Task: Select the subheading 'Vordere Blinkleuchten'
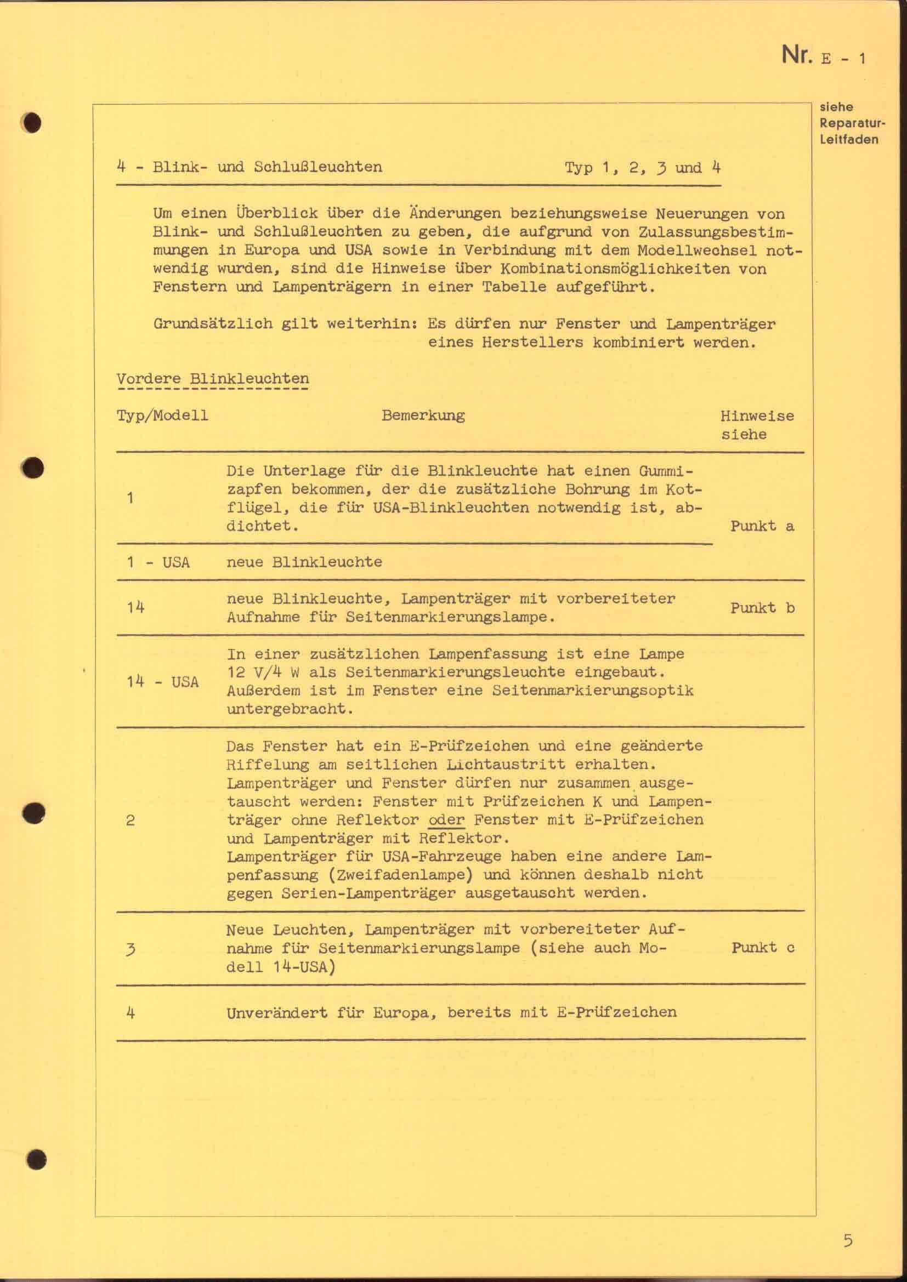212,379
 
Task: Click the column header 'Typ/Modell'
162,415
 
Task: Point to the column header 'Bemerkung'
423,415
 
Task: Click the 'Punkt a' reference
762,526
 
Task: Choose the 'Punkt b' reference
762,607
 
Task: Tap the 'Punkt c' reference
762,947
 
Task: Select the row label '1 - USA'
158,562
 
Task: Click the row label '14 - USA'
162,682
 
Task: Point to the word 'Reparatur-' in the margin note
852,123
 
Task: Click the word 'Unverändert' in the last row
276,1012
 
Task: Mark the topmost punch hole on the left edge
32,123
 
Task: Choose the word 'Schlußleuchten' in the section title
318,167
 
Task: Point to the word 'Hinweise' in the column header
757,416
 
